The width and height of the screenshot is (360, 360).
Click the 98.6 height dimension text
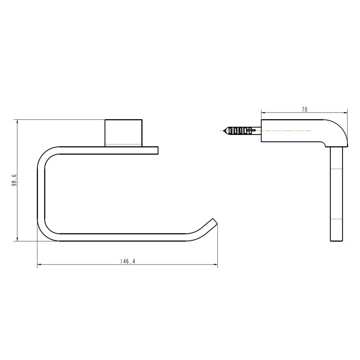(14, 180)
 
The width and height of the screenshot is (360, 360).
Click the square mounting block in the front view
(124, 132)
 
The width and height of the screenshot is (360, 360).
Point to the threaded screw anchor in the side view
(241, 131)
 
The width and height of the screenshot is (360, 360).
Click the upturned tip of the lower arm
(212, 223)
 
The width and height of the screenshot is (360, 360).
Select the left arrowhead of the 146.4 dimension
(39, 265)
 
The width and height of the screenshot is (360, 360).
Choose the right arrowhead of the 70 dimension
(346, 113)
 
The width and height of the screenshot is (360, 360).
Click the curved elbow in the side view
(337, 130)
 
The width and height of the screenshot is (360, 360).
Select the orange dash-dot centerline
(288, 130)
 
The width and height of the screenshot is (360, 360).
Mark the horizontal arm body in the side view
(292, 131)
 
